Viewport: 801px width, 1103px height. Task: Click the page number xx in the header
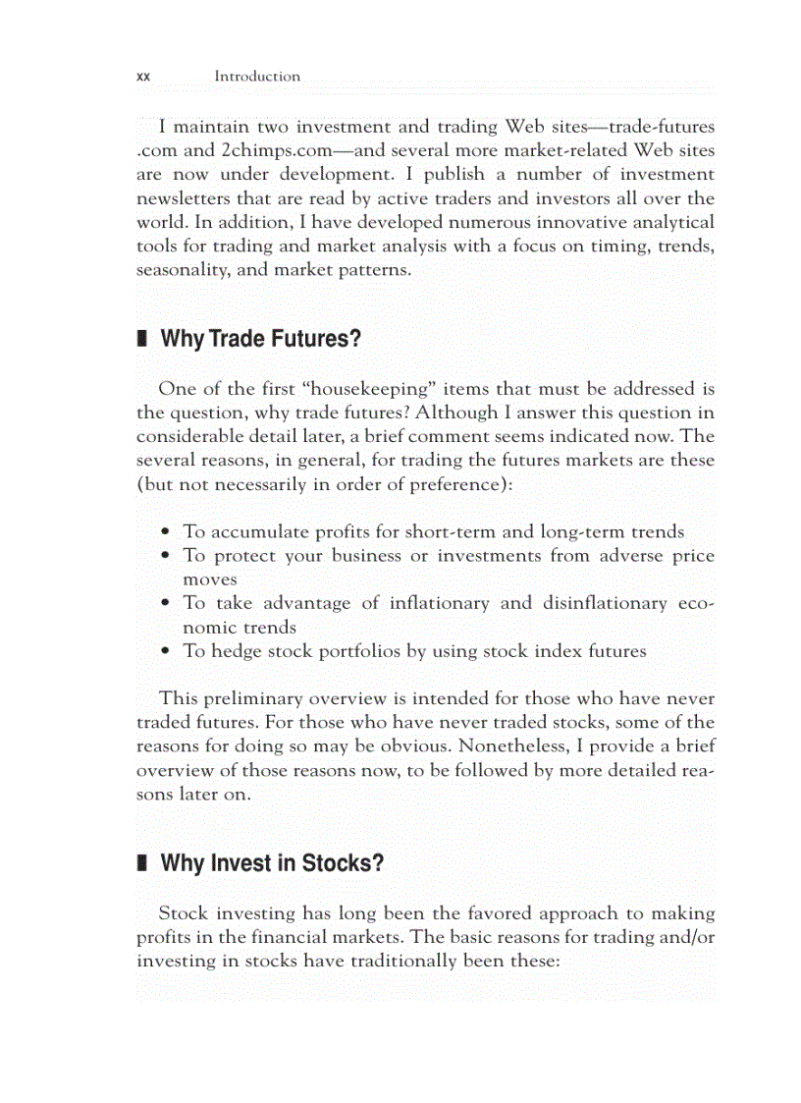point(142,77)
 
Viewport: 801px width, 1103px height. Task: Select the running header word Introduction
point(257,77)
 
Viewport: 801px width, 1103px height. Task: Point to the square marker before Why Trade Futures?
point(141,340)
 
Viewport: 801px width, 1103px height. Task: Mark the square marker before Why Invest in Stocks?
point(141,864)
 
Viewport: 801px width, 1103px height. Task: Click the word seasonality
point(181,269)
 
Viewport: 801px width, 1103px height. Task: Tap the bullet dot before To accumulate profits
point(168,532)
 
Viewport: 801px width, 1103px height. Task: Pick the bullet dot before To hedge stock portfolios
point(168,651)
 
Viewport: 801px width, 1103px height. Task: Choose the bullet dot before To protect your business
point(168,556)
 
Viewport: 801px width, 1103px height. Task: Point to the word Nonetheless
point(508,746)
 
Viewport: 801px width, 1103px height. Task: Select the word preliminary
point(252,699)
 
